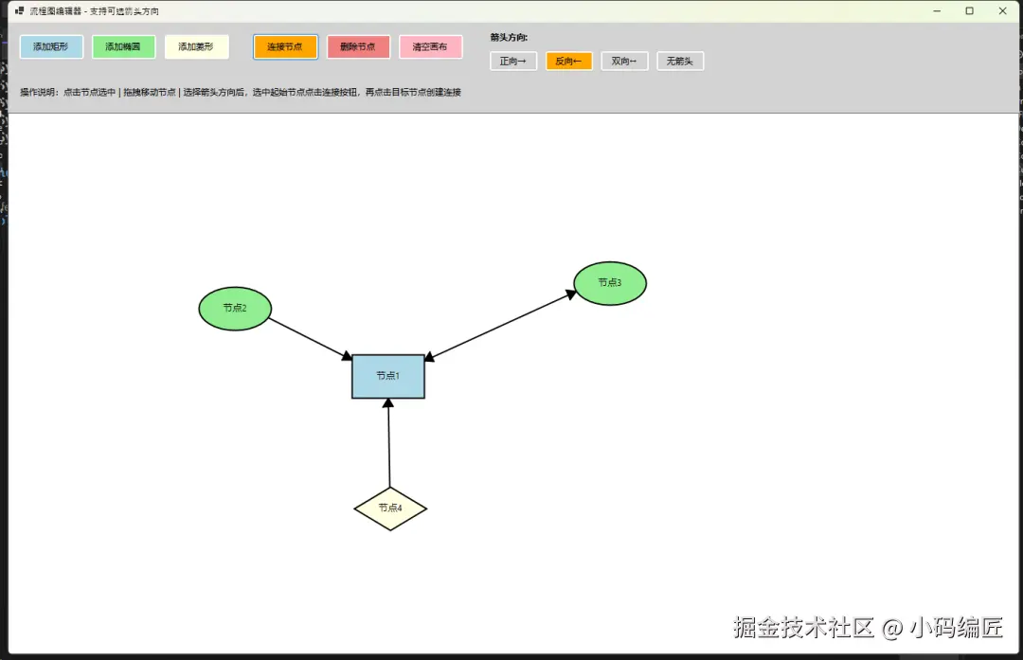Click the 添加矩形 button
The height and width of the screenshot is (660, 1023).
coord(51,47)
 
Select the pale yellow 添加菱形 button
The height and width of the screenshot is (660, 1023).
coord(196,47)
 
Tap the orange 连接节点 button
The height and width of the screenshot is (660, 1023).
coord(285,47)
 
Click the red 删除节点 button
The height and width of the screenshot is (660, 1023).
coord(358,47)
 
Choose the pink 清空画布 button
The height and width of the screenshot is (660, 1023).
coord(431,47)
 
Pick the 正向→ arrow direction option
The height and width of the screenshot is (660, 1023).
coord(513,62)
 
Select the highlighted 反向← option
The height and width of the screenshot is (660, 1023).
coord(569,62)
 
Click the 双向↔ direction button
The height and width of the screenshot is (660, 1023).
coord(624,62)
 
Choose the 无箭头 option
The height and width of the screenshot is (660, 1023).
coord(680,62)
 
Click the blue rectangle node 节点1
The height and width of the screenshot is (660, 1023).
coord(388,376)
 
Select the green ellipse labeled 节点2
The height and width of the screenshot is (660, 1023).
coord(235,309)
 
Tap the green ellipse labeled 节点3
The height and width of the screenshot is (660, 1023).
coord(610,283)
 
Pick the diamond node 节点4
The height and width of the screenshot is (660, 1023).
coord(390,508)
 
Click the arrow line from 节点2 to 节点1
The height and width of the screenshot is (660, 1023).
coord(311,338)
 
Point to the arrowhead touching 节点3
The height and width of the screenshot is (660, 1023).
coord(571,294)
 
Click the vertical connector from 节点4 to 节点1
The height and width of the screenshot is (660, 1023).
coord(389,443)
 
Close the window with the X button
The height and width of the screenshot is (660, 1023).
coord(1003,11)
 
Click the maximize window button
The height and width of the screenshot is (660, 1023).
coord(970,11)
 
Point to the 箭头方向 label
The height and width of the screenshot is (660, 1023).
coord(509,38)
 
